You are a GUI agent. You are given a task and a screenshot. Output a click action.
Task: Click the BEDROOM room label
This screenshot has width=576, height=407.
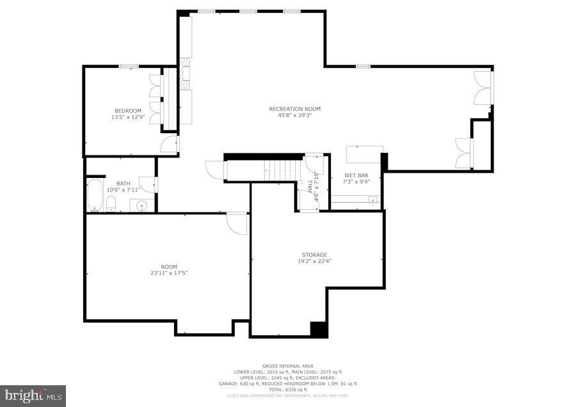tap(128, 111)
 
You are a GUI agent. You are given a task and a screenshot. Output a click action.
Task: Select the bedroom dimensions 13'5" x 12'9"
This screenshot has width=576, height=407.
tap(128, 117)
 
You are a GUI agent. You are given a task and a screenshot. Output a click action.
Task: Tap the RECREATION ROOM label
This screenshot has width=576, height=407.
tap(294, 109)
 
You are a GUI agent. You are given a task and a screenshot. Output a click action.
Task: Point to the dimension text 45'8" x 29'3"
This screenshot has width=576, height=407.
tap(294, 115)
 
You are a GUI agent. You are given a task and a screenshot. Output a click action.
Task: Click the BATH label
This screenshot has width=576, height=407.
tap(123, 184)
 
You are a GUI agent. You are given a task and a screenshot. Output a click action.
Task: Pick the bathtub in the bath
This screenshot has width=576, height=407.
tap(94, 195)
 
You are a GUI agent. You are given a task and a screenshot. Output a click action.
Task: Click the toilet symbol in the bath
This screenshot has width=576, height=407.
tap(111, 204)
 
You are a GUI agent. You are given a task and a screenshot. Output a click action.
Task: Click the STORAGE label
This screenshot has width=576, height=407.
tap(314, 255)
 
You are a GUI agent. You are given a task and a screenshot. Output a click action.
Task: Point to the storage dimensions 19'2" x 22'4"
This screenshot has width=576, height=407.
tap(314, 261)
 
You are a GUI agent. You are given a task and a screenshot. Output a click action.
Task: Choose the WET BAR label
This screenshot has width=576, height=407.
tap(356, 175)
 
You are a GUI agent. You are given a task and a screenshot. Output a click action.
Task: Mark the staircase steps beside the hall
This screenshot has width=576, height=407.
tap(281, 170)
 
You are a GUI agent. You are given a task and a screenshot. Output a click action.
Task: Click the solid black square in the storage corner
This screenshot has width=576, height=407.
tap(319, 329)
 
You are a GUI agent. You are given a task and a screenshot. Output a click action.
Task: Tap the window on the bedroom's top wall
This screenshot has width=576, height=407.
tap(129, 66)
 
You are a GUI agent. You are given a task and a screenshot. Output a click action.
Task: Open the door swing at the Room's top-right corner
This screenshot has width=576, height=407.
tap(237, 223)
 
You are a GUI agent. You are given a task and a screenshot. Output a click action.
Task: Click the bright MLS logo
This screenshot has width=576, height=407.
tap(33, 395)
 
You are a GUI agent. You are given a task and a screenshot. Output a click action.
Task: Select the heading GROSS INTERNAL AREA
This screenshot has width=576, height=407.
tap(287, 366)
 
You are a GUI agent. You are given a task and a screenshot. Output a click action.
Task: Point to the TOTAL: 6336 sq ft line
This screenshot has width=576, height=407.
tap(287, 390)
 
